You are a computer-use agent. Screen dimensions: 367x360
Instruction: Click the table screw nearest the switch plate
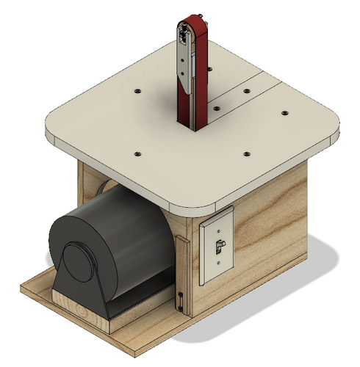coord(246,153)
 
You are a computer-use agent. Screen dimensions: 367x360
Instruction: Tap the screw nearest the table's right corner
coord(284,115)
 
